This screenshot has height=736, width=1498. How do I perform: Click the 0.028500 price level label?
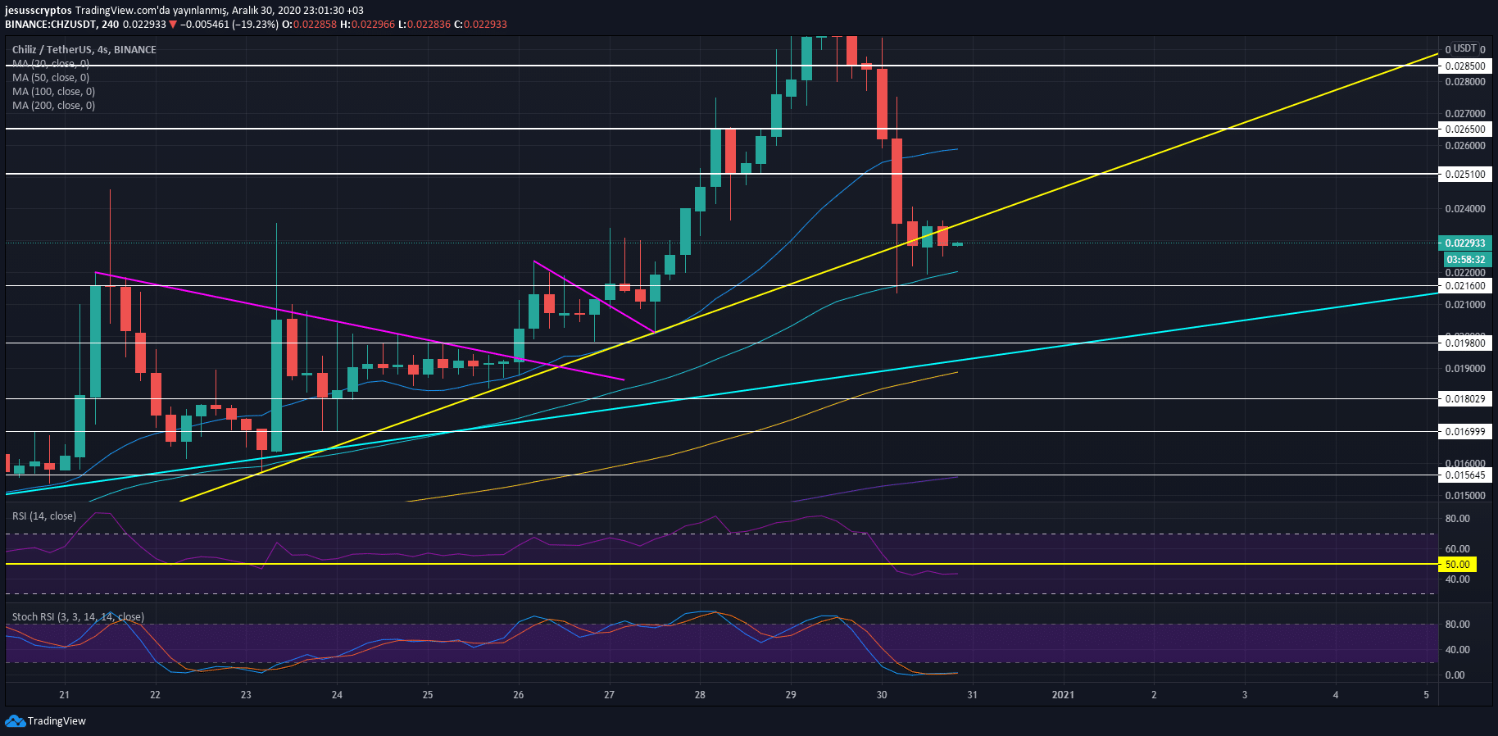click(1464, 66)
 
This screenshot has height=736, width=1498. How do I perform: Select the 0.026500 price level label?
click(1464, 129)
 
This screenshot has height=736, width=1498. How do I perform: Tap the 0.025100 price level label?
click(1464, 174)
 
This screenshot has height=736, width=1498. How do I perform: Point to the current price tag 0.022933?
click(1464, 243)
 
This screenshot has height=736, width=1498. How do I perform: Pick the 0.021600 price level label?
click(1464, 286)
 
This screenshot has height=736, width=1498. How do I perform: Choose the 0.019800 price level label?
click(1464, 343)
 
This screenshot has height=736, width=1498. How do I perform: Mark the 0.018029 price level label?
click(1464, 399)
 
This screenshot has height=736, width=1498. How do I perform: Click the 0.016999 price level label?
click(1464, 431)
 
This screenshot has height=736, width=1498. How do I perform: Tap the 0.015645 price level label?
click(1464, 475)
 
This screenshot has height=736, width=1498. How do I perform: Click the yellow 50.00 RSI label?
click(1457, 565)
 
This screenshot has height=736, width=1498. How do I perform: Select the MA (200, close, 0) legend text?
click(53, 106)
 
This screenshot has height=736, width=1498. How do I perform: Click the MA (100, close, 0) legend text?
click(53, 92)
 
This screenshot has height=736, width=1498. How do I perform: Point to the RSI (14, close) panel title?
click(44, 516)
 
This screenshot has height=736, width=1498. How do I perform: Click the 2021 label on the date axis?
click(1063, 695)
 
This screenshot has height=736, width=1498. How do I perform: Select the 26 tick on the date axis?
click(518, 695)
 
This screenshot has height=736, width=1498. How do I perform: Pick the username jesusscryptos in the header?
click(38, 11)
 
